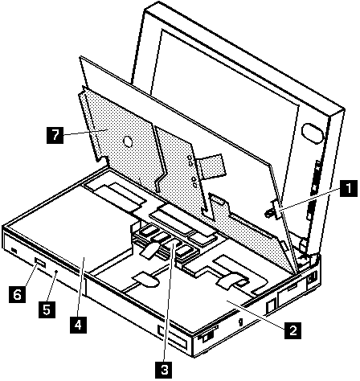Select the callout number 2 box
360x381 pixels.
coord(293,330)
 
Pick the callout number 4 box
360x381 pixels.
coord(78,325)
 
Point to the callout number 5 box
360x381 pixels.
coord(47,309)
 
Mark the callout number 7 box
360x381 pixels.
coord(55,135)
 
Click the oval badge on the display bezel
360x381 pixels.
coord(312,132)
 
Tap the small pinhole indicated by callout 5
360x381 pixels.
coord(56,272)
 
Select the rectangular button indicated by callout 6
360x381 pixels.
coord(40,263)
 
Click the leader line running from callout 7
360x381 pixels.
coord(86,132)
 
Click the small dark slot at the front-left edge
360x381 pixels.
coord(14,251)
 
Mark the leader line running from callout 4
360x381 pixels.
coord(81,287)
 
